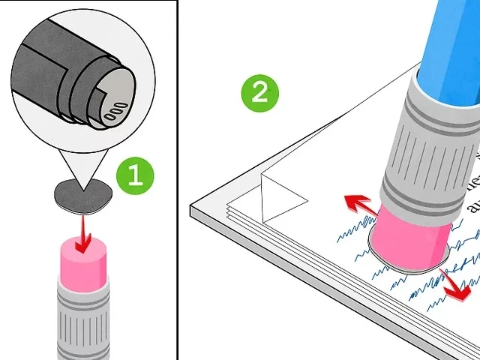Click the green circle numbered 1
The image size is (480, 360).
tap(135, 176)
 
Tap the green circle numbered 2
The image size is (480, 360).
tap(259, 93)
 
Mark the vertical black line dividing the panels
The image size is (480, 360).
tap(178, 180)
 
